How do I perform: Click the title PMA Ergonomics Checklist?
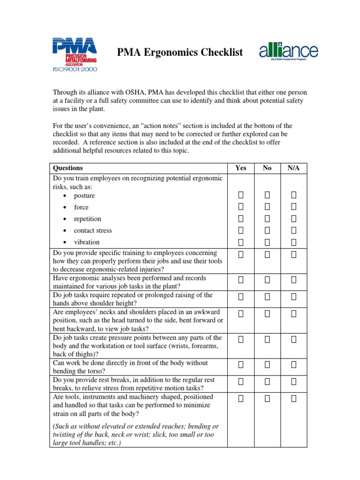point(180,52)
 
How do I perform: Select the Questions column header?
point(68,168)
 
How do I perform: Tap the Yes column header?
point(240,168)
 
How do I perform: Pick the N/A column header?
point(293,168)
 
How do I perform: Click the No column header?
point(267,168)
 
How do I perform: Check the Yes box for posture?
point(241,195)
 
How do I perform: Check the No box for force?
point(267,206)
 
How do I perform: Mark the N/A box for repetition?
point(294,218)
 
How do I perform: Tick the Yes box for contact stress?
point(241,230)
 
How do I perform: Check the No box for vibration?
point(267,242)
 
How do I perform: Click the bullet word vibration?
point(87,242)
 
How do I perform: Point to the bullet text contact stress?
point(93,231)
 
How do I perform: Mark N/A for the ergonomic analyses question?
point(294,280)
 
